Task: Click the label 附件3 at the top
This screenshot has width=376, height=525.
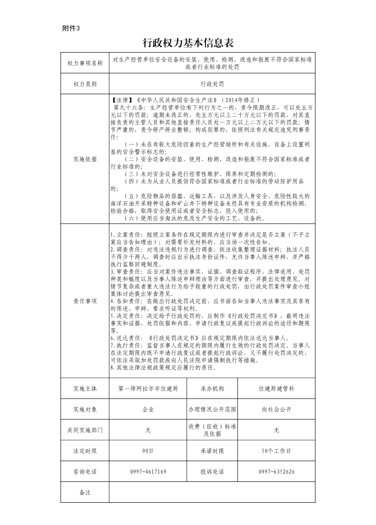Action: point(72,28)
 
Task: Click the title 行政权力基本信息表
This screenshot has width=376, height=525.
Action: point(188,44)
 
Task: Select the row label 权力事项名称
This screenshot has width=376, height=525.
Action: point(85,63)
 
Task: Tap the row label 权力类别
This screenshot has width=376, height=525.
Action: point(85,84)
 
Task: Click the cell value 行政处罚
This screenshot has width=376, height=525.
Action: point(212,84)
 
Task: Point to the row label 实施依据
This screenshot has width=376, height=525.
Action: point(85,159)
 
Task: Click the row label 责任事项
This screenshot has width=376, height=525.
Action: point(85,301)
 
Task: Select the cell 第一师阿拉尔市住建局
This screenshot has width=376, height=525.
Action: point(148,389)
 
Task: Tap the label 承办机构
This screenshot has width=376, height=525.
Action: point(212,389)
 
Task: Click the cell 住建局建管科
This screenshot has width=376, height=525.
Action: point(277,389)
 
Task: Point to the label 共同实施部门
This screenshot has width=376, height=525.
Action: point(85,430)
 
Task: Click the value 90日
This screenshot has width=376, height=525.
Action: point(148,451)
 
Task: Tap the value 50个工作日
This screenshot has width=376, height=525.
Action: point(277,451)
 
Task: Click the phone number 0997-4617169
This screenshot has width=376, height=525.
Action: point(148,472)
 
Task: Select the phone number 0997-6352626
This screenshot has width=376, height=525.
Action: point(277,472)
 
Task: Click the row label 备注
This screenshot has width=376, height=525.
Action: point(85,492)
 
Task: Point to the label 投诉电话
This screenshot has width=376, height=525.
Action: point(212,472)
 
